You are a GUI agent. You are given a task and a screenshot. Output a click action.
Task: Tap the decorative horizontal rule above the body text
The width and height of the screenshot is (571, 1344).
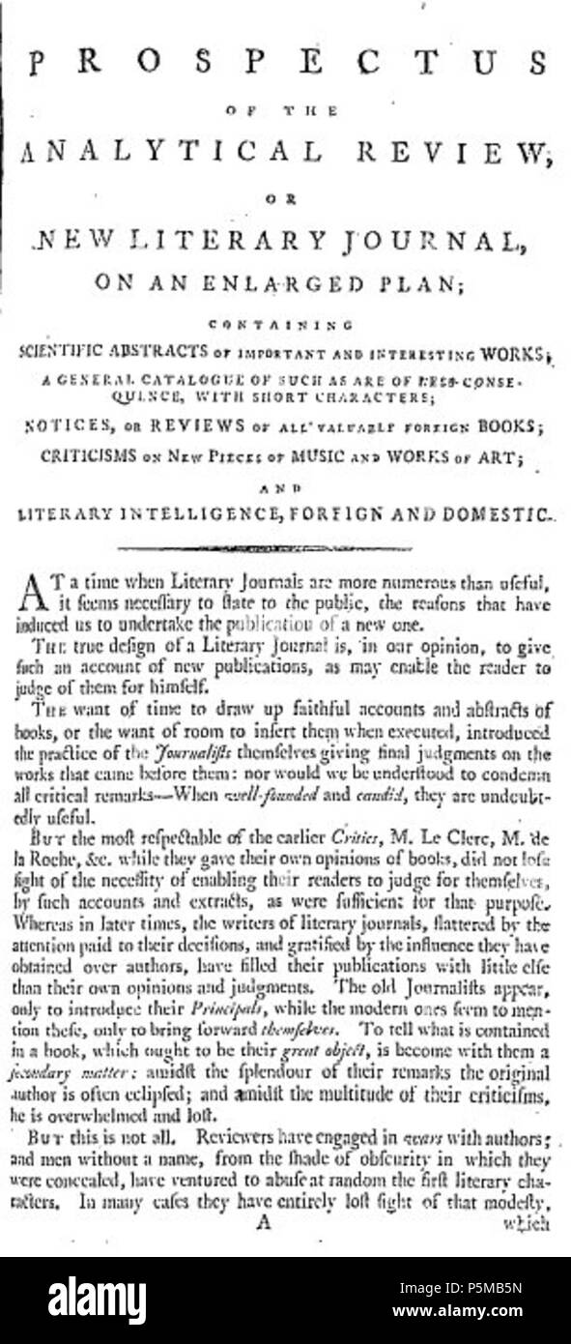point(285,549)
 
